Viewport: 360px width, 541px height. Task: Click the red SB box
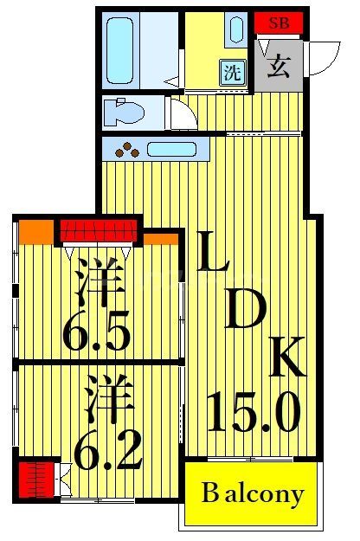tap(280, 23)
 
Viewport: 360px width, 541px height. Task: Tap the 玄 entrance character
tap(278, 67)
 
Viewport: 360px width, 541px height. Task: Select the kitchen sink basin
tap(172, 149)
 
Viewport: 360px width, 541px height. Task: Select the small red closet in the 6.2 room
tap(35, 477)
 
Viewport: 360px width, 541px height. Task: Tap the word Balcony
tap(253, 494)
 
